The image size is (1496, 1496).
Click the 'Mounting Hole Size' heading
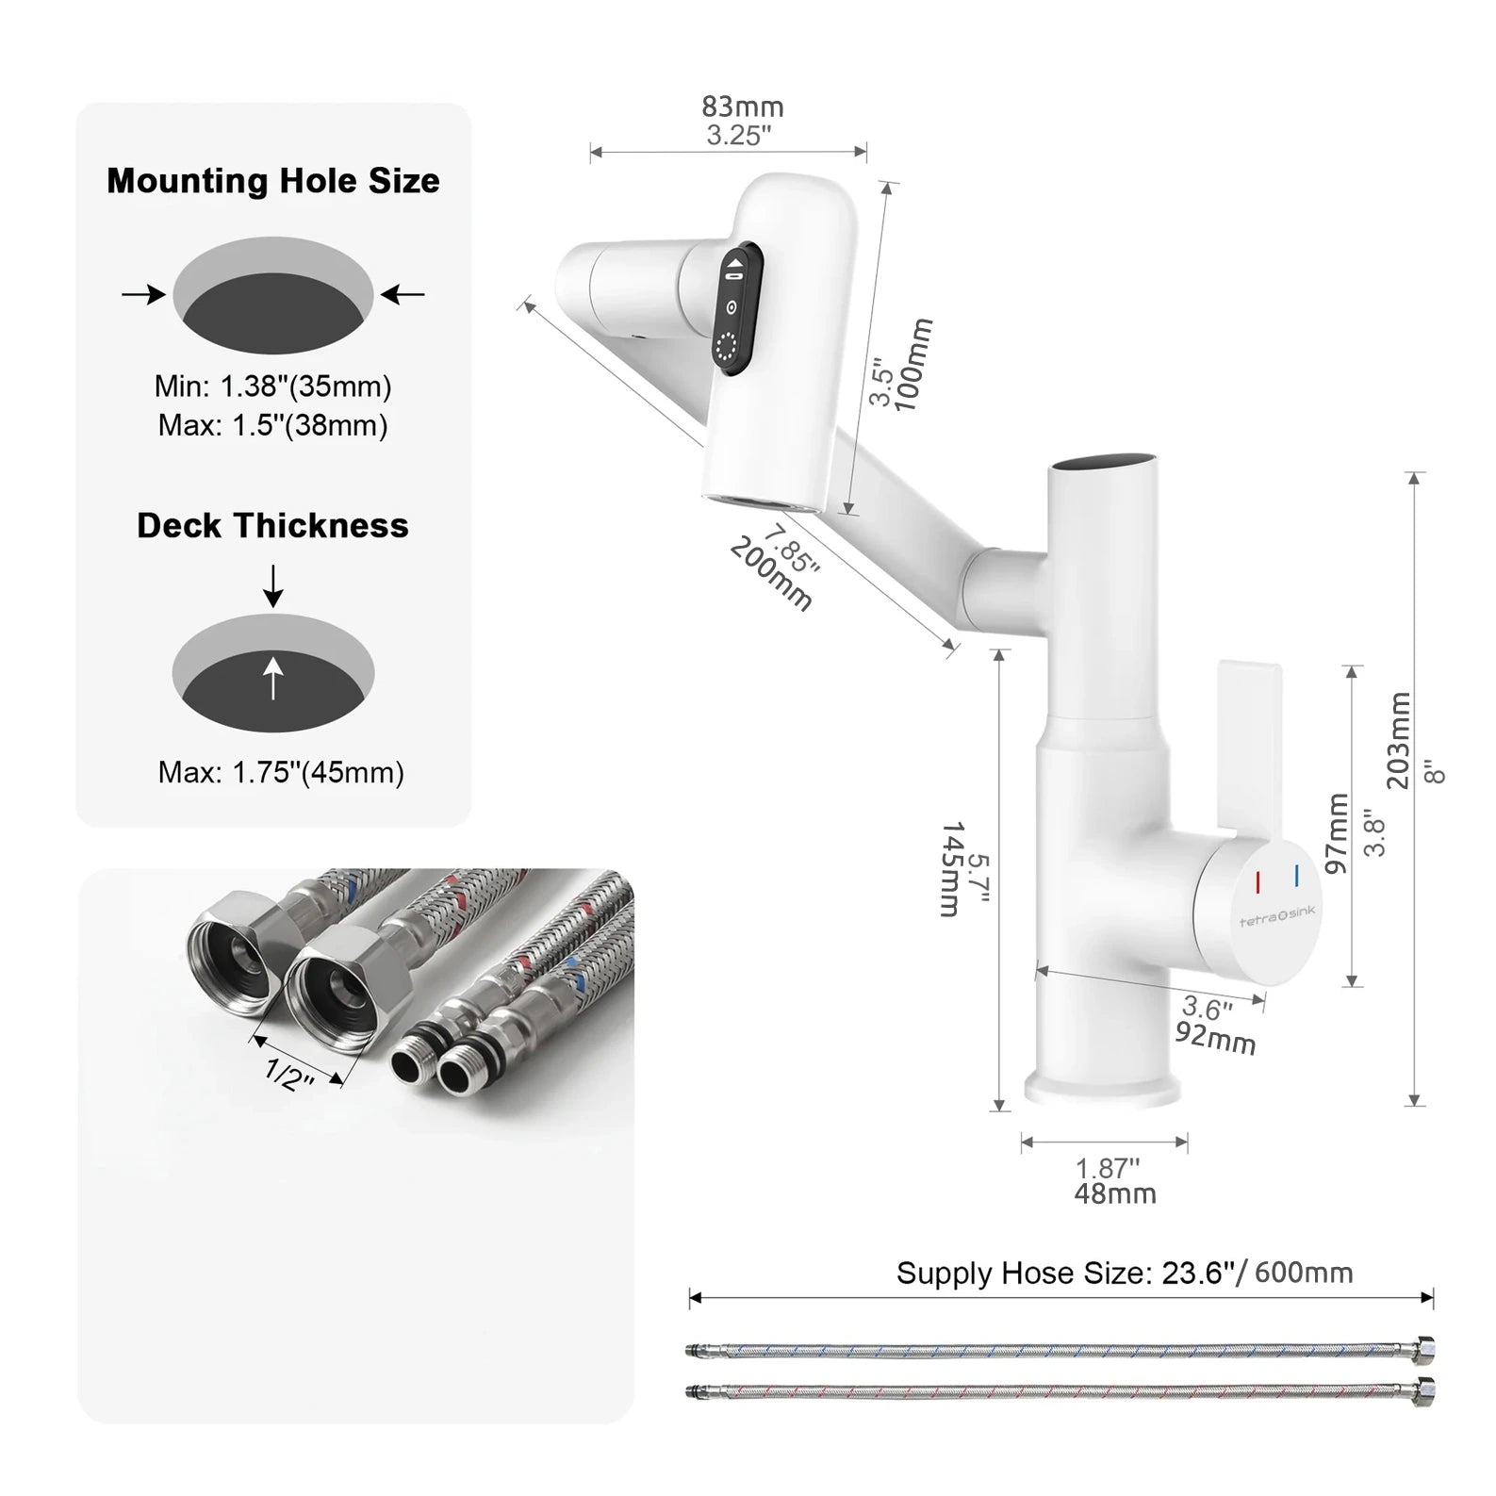[272, 181]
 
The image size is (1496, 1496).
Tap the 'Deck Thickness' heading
[272, 525]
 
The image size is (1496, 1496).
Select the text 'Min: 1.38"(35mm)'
[272, 386]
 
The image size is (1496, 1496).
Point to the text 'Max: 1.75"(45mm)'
[281, 773]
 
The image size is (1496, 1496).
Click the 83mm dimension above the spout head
[742, 107]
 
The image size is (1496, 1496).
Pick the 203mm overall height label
[1400, 740]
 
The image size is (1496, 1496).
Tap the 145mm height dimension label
[952, 869]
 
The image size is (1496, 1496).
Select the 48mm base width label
[1114, 1193]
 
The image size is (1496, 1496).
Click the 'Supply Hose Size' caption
[1124, 1274]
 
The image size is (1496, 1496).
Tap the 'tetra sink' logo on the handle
[1276, 915]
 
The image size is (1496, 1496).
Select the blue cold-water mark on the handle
[1297, 875]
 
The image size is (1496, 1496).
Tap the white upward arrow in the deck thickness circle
[273, 678]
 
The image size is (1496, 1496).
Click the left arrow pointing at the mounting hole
[144, 295]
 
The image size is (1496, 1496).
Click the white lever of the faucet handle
[1249, 745]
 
